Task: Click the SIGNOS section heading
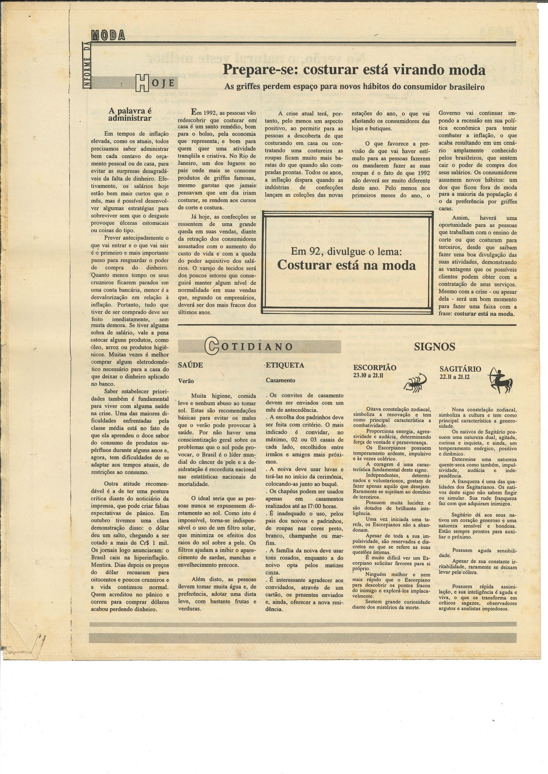(x=434, y=347)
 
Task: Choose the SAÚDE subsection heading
(x=190, y=365)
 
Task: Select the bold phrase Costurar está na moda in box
(x=346, y=265)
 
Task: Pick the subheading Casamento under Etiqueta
(x=281, y=380)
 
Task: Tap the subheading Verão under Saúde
(x=186, y=380)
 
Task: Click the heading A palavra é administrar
(x=130, y=115)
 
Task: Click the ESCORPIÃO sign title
(x=374, y=368)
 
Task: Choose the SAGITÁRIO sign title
(x=460, y=369)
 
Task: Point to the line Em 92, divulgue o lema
(x=346, y=252)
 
